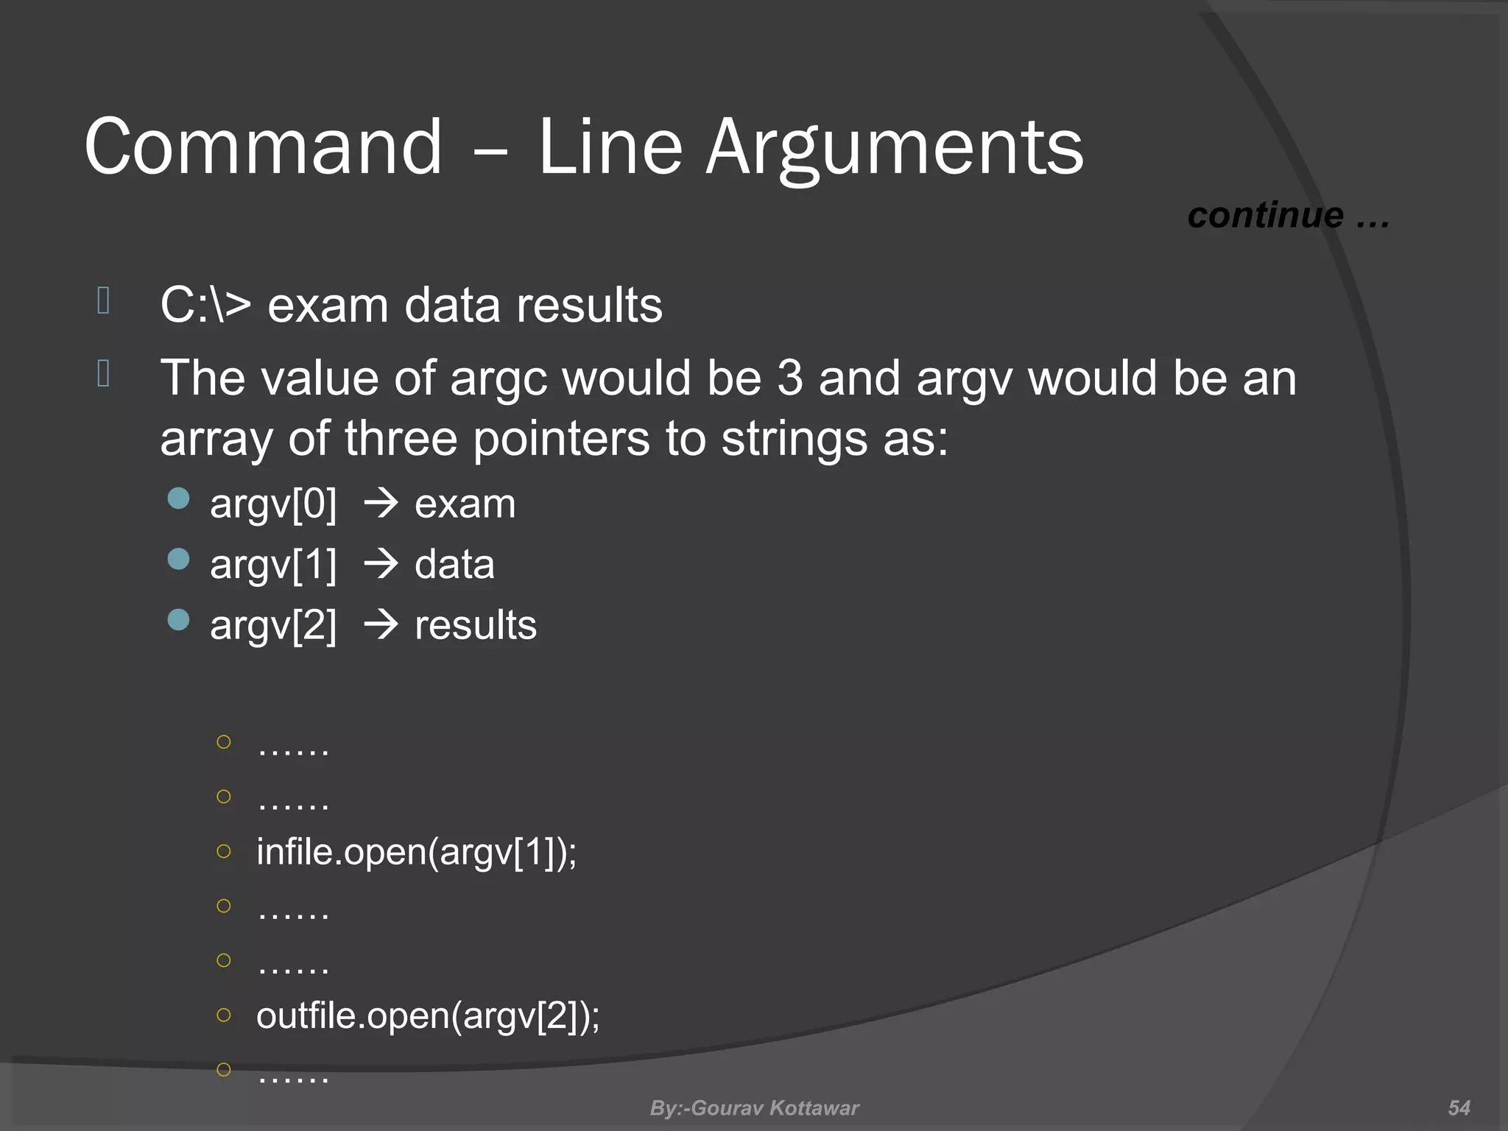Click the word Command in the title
click(x=263, y=147)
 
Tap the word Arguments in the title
click(x=894, y=147)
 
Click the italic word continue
click(x=1265, y=215)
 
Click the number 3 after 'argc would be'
click(x=789, y=378)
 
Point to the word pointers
click(x=561, y=438)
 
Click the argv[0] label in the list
click(x=273, y=504)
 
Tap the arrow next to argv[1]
click(x=381, y=565)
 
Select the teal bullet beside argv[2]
click(x=179, y=620)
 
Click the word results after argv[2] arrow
click(x=476, y=625)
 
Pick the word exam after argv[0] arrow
click(x=465, y=504)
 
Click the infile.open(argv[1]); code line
click(x=416, y=852)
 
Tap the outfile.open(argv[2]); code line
click(x=428, y=1015)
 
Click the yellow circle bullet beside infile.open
click(x=224, y=851)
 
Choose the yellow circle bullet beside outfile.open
click(x=224, y=1015)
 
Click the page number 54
click(x=1459, y=1107)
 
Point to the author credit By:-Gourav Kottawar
click(x=754, y=1107)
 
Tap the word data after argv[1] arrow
click(x=454, y=565)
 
